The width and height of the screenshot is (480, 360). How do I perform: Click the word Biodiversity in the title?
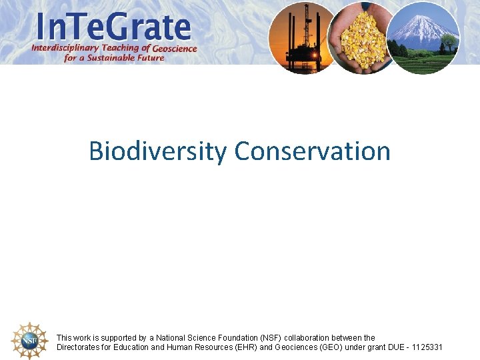pyautogui.click(x=158, y=151)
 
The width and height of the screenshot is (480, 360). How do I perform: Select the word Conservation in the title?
pyautogui.click(x=312, y=151)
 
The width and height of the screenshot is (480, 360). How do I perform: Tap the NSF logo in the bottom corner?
pyautogui.click(x=30, y=341)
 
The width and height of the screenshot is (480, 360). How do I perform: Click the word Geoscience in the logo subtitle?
pyautogui.click(x=175, y=48)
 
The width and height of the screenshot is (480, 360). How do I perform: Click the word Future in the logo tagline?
pyautogui.click(x=150, y=58)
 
